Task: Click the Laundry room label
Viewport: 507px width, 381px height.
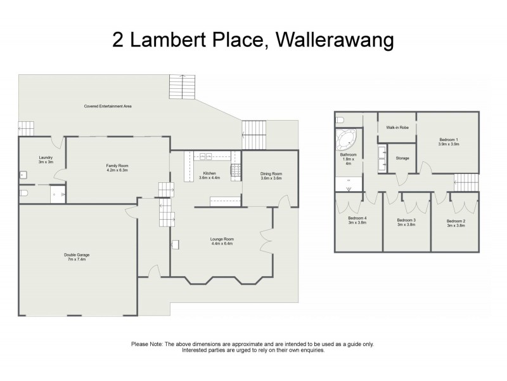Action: (x=45, y=157)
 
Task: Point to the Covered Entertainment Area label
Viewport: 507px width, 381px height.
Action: (x=108, y=106)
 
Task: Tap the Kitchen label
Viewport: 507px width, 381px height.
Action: (x=209, y=173)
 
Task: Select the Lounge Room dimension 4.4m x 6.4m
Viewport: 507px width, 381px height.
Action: (x=222, y=243)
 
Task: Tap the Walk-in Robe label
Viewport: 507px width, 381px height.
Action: (x=397, y=128)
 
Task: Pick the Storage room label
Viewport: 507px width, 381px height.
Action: (x=402, y=158)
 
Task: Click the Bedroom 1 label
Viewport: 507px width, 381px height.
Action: (x=448, y=139)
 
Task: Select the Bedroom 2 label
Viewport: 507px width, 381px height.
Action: (x=455, y=220)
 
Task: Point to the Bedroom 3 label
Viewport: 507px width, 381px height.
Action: (x=406, y=220)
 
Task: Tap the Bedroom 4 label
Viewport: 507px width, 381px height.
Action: (x=358, y=219)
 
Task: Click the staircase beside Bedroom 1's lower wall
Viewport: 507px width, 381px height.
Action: (x=466, y=182)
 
